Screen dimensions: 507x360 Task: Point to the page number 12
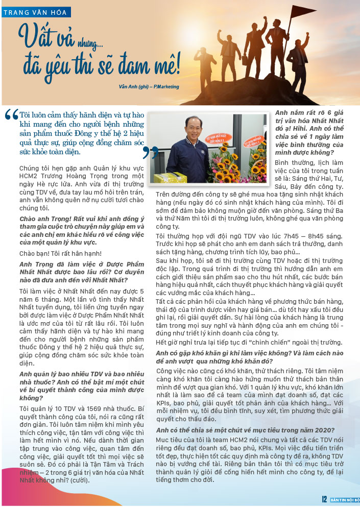tap(324, 499)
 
